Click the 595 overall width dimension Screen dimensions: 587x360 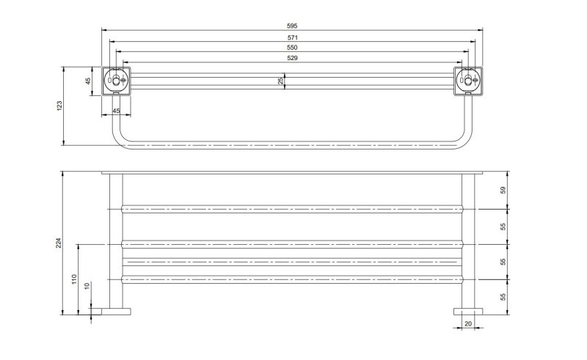(292, 26)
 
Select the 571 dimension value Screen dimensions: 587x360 (292, 37)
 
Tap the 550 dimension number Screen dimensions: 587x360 (292, 48)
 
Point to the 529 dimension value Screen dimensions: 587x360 (292, 58)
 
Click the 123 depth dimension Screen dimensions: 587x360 (59, 106)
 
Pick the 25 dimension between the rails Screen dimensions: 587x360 (281, 81)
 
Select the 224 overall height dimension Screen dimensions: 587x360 (59, 243)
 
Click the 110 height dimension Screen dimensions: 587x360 (74, 279)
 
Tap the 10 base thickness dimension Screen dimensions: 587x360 (87, 286)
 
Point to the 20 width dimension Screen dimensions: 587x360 (468, 324)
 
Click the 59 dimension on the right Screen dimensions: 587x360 (503, 190)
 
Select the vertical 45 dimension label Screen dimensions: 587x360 (88, 81)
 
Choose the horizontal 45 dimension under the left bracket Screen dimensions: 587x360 (116, 111)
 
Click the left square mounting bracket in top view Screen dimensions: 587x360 (116, 81)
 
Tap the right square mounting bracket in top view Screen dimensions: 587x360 (468, 81)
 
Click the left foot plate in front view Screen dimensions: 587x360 (116, 312)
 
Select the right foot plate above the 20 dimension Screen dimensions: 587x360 (468, 312)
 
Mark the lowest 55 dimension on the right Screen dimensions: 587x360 (503, 297)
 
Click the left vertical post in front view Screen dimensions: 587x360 (116, 241)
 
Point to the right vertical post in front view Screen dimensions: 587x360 (468, 241)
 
